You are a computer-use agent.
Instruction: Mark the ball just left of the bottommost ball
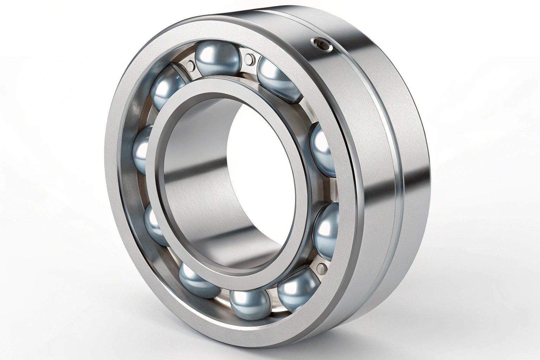pos(199,280)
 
